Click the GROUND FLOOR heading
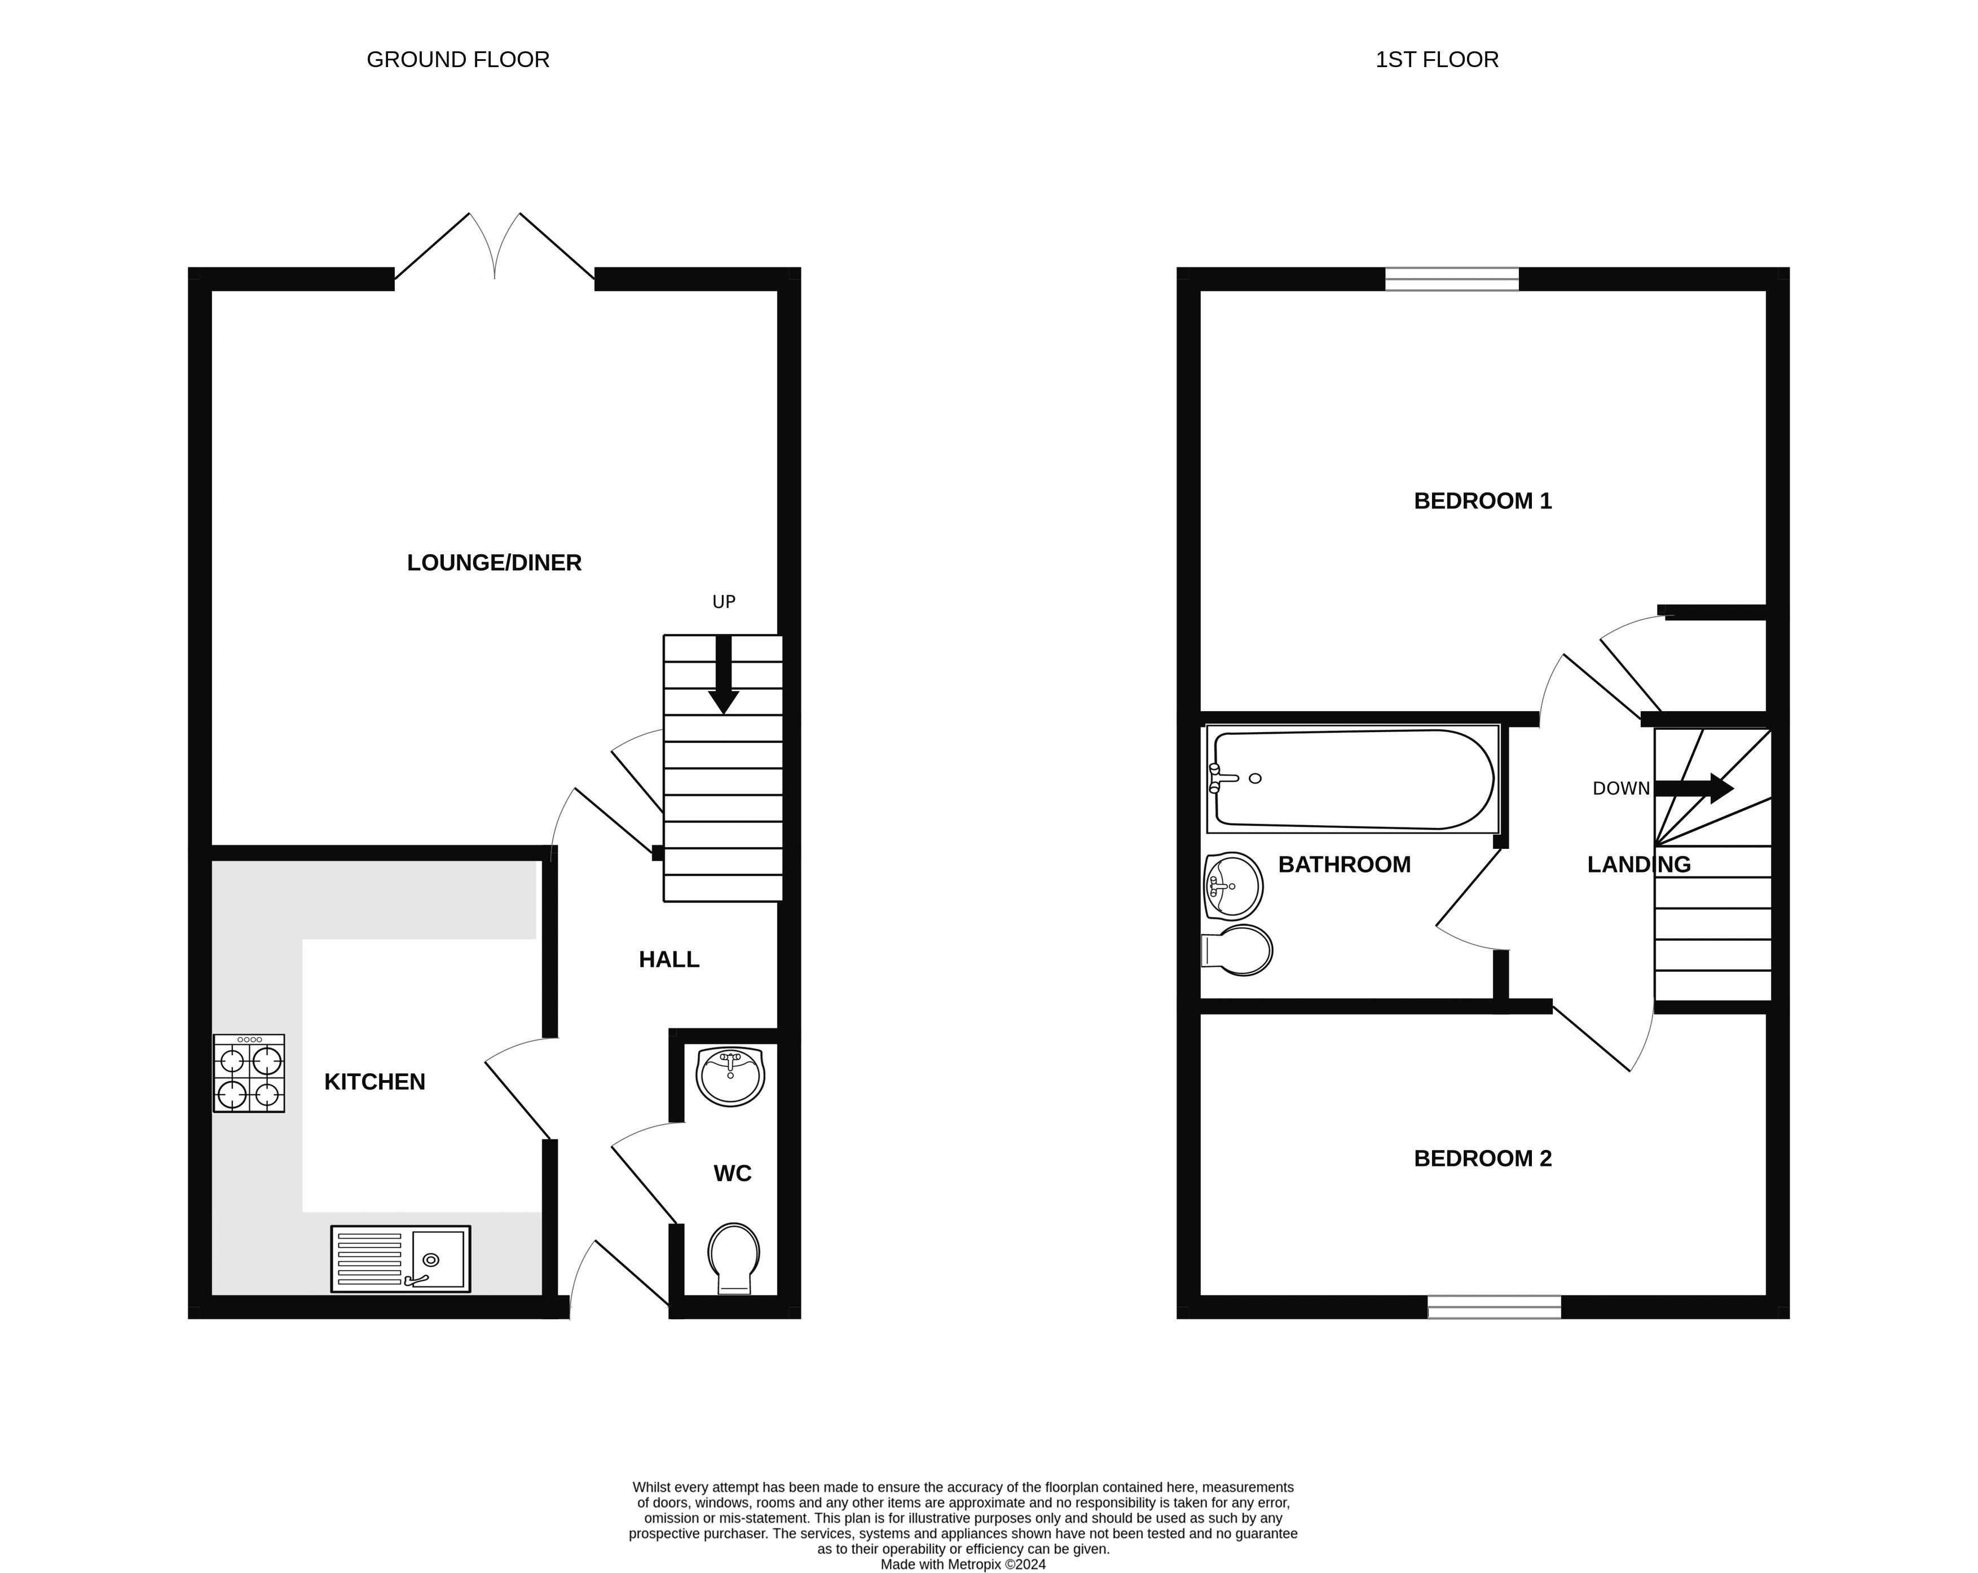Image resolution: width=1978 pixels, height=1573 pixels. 458,60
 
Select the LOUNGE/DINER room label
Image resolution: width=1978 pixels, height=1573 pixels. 495,563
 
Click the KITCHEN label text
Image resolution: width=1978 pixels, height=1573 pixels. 375,1082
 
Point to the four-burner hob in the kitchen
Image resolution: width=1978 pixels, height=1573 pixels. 249,1073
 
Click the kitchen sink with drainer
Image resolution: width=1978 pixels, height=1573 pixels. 401,1259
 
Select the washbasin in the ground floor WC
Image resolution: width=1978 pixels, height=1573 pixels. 730,1077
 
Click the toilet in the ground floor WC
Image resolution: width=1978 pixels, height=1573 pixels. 734,1258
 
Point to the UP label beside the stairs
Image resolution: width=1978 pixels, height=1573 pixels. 724,602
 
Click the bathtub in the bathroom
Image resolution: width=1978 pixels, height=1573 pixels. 1353,779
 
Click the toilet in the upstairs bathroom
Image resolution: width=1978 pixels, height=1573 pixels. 1237,950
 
